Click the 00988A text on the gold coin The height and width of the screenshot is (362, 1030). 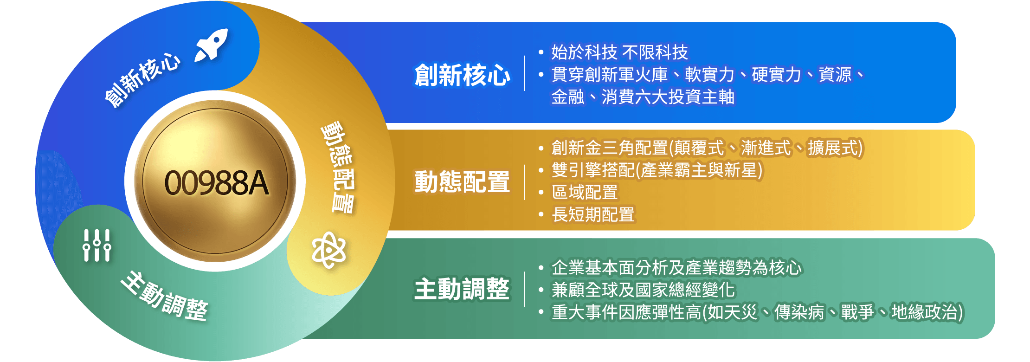click(217, 183)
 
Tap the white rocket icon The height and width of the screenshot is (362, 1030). click(212, 45)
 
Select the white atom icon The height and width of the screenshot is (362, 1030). click(329, 250)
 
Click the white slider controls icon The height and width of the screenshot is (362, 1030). click(97, 246)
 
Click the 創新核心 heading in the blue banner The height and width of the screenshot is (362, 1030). click(462, 75)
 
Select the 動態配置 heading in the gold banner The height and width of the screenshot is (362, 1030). click(462, 182)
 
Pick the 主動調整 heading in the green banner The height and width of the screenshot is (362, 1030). click(462, 289)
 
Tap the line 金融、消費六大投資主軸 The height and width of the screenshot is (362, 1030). click(643, 97)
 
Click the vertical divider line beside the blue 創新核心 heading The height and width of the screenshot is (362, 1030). click(525, 73)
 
